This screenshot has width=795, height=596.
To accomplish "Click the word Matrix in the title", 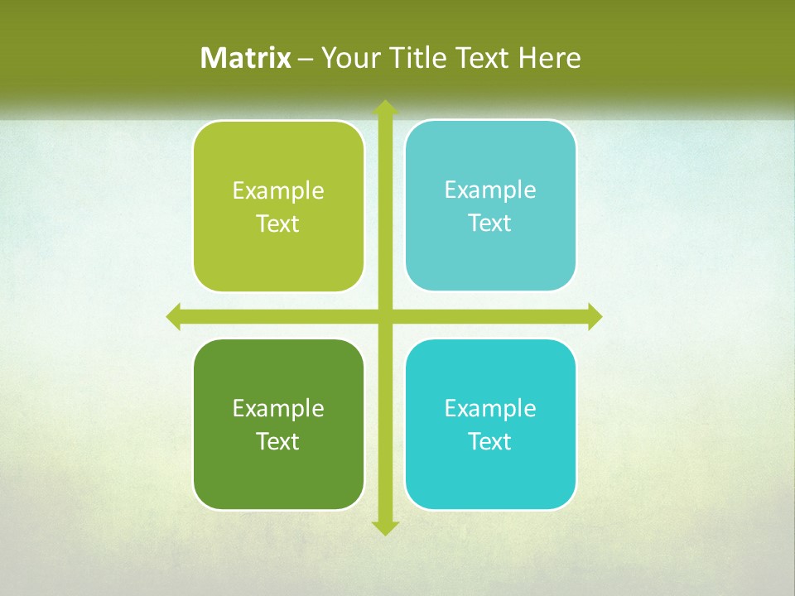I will click(x=246, y=58).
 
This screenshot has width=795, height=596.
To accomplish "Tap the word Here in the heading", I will click(x=549, y=58).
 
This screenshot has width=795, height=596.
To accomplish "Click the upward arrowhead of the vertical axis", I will click(x=385, y=108).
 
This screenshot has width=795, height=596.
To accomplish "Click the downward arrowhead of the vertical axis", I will click(x=385, y=528).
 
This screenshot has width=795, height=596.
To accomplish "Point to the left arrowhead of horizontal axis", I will click(x=174, y=316).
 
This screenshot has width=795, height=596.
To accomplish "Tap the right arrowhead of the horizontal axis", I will click(x=595, y=316).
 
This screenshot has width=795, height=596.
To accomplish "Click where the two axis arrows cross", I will click(x=385, y=316).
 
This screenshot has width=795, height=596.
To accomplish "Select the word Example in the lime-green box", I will click(x=278, y=191).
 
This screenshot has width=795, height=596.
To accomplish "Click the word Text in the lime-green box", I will click(x=278, y=223).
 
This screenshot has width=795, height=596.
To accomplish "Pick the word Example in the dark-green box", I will click(x=278, y=408).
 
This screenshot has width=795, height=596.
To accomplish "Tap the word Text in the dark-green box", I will click(x=278, y=441).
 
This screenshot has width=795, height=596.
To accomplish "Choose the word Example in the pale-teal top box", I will click(x=490, y=190).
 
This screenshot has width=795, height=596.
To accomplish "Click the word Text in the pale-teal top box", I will click(x=490, y=223).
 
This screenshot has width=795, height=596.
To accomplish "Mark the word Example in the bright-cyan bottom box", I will click(x=490, y=408).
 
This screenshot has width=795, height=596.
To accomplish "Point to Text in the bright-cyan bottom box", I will click(x=490, y=441).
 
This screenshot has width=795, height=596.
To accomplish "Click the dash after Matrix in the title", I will click(x=306, y=59).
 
